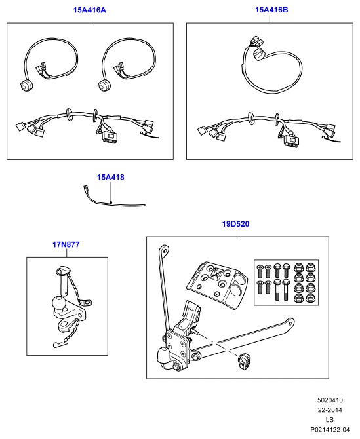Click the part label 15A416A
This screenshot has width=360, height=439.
89,10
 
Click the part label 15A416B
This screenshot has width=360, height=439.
271,10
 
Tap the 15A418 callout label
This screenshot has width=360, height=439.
110,177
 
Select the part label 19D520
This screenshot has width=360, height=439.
235,224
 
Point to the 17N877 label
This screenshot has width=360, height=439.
66,244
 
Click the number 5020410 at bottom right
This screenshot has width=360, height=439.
330,400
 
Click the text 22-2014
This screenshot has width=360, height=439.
330,410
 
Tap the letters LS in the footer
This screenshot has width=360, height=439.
330,420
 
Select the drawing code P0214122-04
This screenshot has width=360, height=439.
330,429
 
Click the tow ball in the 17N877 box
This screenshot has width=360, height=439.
58,303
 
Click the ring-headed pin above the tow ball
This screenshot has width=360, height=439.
64,280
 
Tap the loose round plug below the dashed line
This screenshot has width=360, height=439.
244,361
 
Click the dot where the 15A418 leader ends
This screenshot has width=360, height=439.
111,202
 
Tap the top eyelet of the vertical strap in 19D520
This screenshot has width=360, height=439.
164,250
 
